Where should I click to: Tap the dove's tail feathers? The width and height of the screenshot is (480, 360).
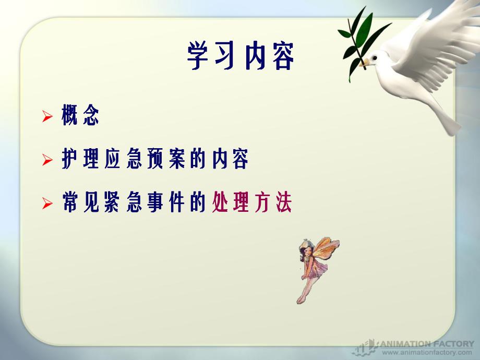[446, 117]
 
